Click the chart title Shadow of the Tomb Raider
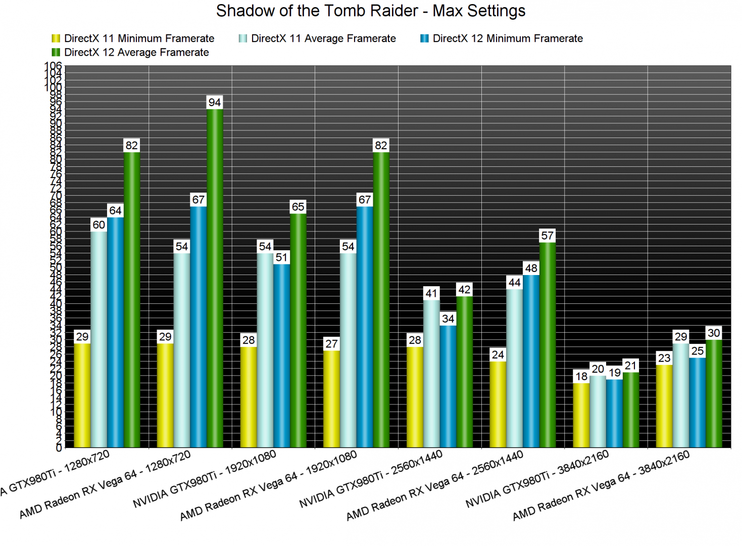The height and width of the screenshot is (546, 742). click(370, 11)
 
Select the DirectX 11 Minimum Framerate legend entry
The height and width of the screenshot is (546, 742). click(133, 38)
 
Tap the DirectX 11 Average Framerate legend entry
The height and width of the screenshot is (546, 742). click(318, 38)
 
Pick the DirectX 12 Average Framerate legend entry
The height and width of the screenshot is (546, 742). click(130, 53)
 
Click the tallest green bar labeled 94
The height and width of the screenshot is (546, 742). click(215, 278)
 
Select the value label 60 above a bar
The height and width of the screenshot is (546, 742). click(99, 225)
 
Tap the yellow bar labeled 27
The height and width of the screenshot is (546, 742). click(331, 399)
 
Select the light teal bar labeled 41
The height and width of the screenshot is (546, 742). click(431, 374)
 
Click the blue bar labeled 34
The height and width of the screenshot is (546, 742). click(448, 386)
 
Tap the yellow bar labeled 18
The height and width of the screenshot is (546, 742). click(581, 415)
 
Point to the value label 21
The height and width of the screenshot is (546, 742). click(630, 366)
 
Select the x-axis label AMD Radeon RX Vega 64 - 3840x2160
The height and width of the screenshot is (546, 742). click(601, 485)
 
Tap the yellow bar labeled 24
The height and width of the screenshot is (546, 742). click(498, 404)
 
